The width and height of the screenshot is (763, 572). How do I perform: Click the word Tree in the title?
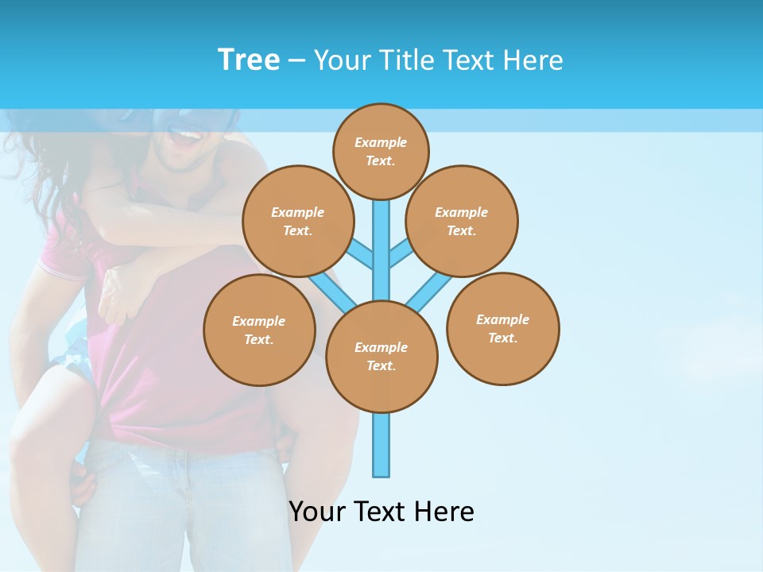249,60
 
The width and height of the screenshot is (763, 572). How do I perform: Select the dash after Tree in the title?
296,60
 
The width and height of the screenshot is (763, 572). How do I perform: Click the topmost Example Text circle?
381,151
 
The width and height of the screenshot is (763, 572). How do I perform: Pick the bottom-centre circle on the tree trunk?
381,357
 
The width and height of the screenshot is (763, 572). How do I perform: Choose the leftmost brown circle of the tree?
259,330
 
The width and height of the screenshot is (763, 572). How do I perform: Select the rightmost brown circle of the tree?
502,328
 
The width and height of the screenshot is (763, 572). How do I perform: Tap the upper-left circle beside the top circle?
298,221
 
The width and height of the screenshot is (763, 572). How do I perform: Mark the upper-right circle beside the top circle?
462,221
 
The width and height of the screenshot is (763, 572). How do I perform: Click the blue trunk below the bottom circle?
381,445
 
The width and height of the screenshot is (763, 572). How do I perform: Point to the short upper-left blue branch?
362,253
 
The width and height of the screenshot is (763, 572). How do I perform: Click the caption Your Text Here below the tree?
381,511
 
